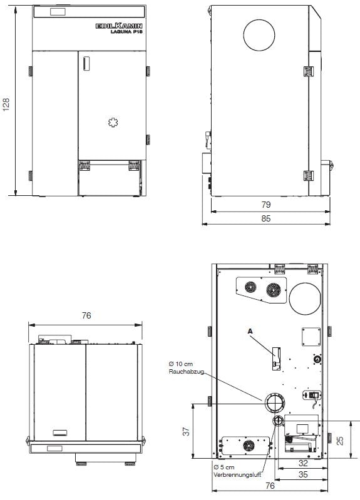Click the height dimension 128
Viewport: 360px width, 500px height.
[7, 104]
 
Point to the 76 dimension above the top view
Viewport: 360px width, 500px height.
[86, 316]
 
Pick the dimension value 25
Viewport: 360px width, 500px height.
[339, 441]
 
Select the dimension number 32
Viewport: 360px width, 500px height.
[302, 464]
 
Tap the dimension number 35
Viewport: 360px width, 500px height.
[302, 476]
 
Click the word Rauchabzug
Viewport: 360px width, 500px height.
[183, 372]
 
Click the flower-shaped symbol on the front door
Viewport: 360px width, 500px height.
[113, 123]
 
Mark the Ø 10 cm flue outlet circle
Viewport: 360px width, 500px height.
[274, 402]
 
